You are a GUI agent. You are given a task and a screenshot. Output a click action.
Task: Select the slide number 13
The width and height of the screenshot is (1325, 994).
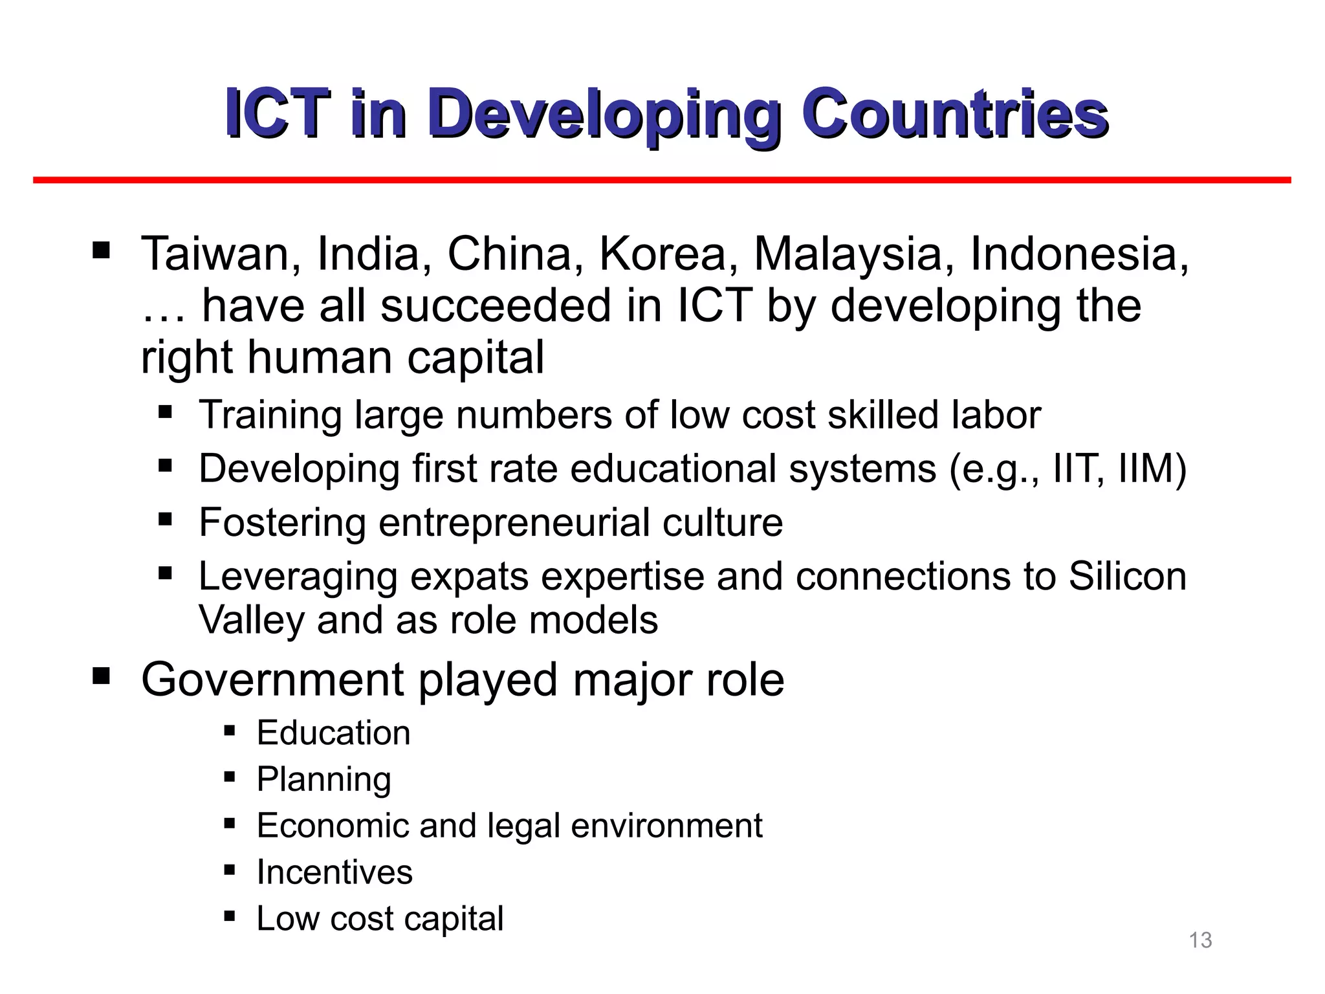(x=1200, y=940)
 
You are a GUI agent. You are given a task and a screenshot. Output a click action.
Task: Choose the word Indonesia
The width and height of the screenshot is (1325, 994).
(x=1079, y=254)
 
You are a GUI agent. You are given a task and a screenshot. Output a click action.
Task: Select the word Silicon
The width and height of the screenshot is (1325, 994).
(x=1127, y=576)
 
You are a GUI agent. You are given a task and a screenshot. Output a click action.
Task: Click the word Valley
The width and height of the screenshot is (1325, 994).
(x=251, y=620)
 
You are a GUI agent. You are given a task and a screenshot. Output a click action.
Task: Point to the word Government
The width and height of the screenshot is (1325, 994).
(x=272, y=679)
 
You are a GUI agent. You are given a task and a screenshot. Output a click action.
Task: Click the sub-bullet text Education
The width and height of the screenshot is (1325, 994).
(x=333, y=733)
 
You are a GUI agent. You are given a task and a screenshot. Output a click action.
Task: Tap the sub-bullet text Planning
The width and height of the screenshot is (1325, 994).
(x=323, y=780)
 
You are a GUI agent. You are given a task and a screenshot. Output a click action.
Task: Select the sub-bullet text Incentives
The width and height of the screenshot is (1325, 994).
(x=334, y=872)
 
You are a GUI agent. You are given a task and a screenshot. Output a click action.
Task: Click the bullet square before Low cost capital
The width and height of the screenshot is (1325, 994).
(x=229, y=916)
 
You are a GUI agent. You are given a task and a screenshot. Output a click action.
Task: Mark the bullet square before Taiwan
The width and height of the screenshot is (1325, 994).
(x=101, y=250)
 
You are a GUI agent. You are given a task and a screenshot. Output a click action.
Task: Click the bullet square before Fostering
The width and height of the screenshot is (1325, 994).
(x=165, y=518)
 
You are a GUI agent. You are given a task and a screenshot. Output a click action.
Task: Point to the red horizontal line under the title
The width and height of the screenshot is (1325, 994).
(x=662, y=180)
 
